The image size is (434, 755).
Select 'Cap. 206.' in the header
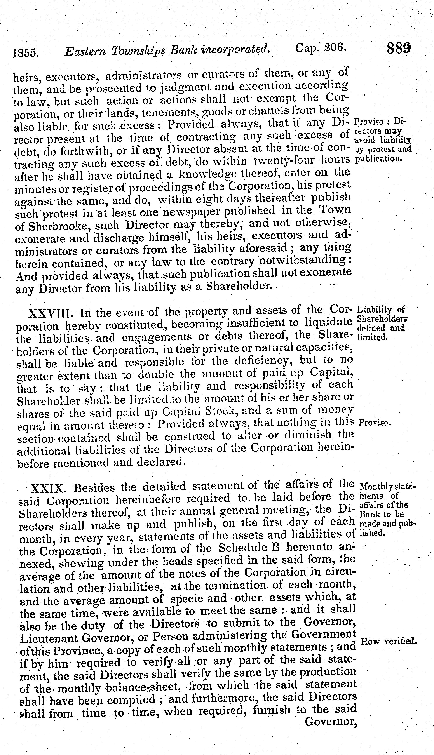[321, 48]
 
